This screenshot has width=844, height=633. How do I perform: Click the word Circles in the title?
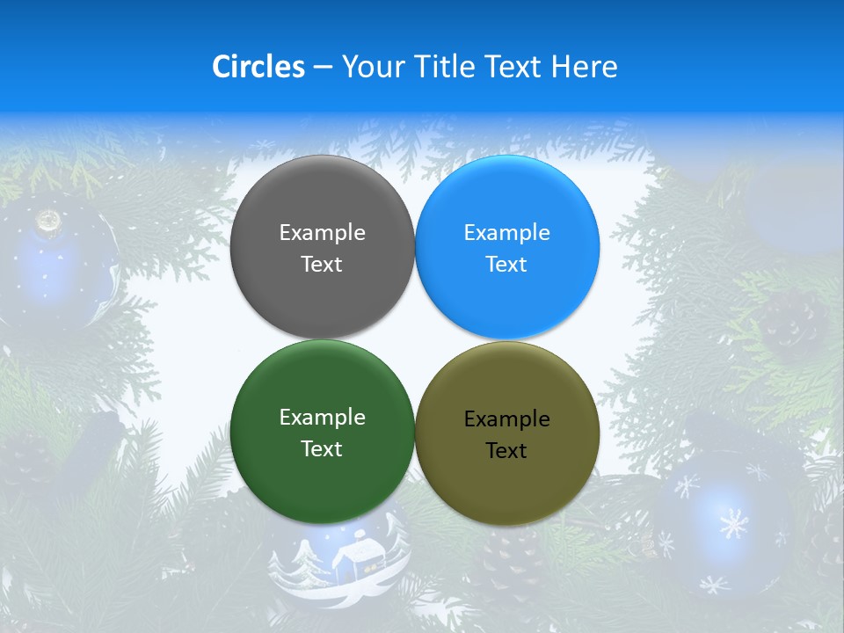pyautogui.click(x=258, y=67)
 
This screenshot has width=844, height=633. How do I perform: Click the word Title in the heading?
pyautogui.click(x=442, y=67)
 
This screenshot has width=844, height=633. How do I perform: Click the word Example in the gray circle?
pyautogui.click(x=322, y=233)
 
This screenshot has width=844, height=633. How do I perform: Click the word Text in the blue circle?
pyautogui.click(x=506, y=265)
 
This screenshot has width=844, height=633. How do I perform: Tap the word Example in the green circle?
pyautogui.click(x=322, y=418)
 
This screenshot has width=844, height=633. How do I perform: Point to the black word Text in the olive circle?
pyautogui.click(x=506, y=451)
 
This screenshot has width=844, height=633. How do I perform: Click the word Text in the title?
pyautogui.click(x=511, y=67)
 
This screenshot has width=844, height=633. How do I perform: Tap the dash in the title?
pyautogui.click(x=323, y=68)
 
